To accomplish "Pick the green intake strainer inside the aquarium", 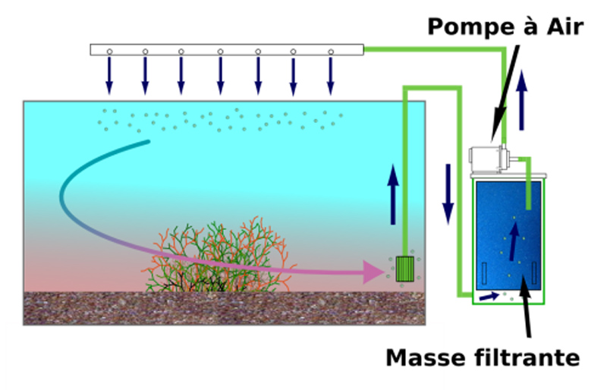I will tap(404, 268).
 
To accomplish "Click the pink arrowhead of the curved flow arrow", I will tap(374, 271).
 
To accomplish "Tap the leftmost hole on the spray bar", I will tap(109, 52).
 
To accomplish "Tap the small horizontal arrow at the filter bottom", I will tap(490, 295).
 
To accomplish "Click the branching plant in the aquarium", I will tap(220, 258).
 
